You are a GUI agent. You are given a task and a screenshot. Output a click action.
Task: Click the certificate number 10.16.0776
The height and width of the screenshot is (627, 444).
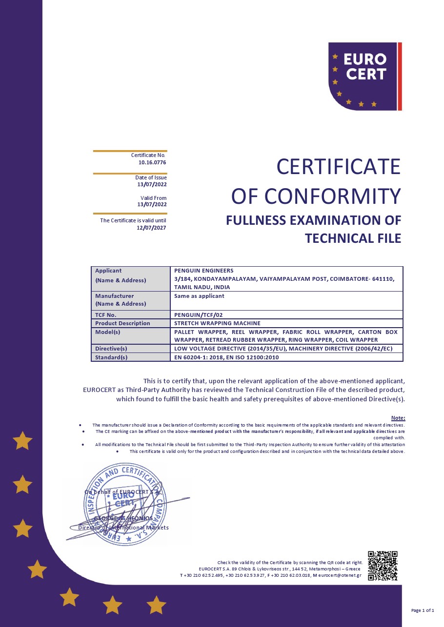(x=152, y=162)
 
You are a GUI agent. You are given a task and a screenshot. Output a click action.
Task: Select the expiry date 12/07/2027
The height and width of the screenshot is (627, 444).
(x=152, y=227)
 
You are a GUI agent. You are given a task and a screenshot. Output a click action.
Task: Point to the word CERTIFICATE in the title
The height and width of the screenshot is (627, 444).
(x=338, y=167)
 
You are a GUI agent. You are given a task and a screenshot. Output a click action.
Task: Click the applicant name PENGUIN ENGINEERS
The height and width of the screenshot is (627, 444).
(x=204, y=271)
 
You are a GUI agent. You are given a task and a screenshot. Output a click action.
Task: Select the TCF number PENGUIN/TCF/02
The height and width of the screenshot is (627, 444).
(x=199, y=315)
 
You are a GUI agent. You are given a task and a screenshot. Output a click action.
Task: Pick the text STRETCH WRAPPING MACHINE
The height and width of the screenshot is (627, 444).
(x=217, y=323)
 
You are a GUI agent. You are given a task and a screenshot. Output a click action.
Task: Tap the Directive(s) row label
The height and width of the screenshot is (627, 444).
(x=111, y=349)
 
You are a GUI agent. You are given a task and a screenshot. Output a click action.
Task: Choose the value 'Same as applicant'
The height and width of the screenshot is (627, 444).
(x=199, y=296)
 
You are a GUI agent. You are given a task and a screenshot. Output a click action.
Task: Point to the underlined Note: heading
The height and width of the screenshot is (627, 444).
(x=398, y=418)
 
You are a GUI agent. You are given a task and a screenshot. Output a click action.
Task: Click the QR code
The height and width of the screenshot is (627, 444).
(x=383, y=566)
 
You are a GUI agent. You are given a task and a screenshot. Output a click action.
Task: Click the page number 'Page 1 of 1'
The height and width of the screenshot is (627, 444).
(x=423, y=610)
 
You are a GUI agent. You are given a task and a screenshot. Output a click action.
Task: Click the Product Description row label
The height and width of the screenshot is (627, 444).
(x=122, y=323)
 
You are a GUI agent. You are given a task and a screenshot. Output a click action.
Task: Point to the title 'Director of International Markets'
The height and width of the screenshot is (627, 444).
(x=123, y=528)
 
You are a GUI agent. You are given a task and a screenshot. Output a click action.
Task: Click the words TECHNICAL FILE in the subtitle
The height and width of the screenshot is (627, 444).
(x=353, y=238)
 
